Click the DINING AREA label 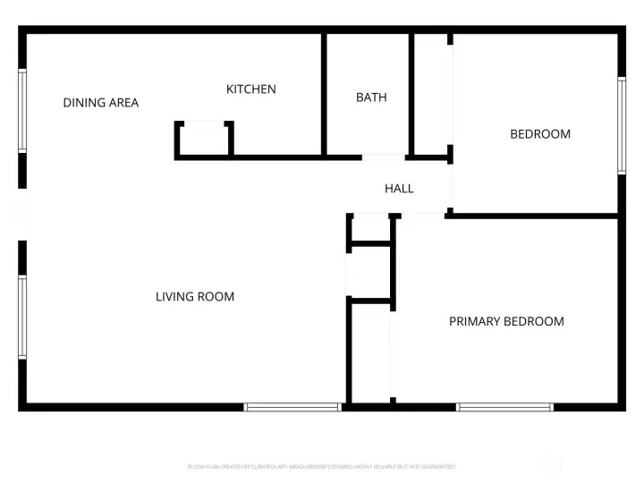[100, 103]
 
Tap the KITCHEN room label [250, 89]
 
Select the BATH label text [371, 97]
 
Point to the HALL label [399, 189]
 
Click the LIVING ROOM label [195, 297]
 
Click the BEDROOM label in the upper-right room [540, 134]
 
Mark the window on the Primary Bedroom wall [505, 407]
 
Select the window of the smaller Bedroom [621, 125]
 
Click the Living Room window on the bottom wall [292, 407]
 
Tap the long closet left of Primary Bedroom [369, 352]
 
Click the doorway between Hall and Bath [384, 158]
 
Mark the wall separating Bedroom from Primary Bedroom [532, 216]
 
